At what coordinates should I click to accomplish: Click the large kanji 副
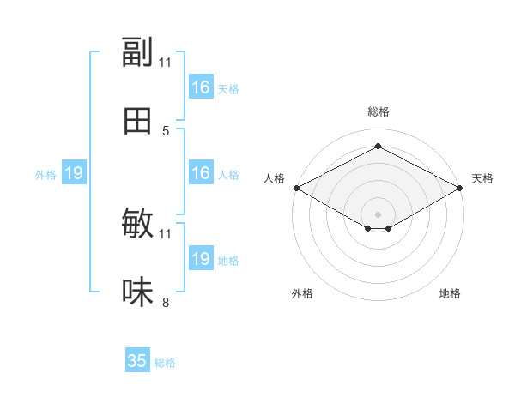pyautogui.click(x=137, y=51)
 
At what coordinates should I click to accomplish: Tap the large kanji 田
pyautogui.click(x=137, y=121)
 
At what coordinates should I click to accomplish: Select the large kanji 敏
pyautogui.click(x=137, y=223)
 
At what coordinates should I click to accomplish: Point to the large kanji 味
pyautogui.click(x=137, y=292)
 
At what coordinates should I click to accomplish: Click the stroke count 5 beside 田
pyautogui.click(x=166, y=131)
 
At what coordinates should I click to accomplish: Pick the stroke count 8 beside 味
pyautogui.click(x=166, y=302)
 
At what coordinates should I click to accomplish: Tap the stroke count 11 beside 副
pyautogui.click(x=165, y=63)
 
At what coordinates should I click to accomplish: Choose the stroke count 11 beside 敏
pyautogui.click(x=165, y=234)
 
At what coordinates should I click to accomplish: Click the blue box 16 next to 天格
pyautogui.click(x=201, y=87)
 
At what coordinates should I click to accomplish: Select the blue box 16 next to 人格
pyautogui.click(x=201, y=172)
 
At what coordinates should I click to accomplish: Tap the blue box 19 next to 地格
pyautogui.click(x=201, y=257)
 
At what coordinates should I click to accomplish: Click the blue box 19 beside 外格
pyautogui.click(x=74, y=172)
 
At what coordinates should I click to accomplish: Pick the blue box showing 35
pyautogui.click(x=137, y=359)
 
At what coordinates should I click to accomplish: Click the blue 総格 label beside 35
pyautogui.click(x=165, y=363)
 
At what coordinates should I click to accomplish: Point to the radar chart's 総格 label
pyautogui.click(x=379, y=111)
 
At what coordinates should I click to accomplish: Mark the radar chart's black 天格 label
pyautogui.click(x=482, y=178)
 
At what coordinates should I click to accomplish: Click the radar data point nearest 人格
pyautogui.click(x=297, y=188)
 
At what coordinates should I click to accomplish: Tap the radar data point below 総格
pyautogui.click(x=378, y=146)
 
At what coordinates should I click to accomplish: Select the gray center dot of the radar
pyautogui.click(x=378, y=214)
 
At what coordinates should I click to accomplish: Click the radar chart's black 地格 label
pyautogui.click(x=450, y=293)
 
